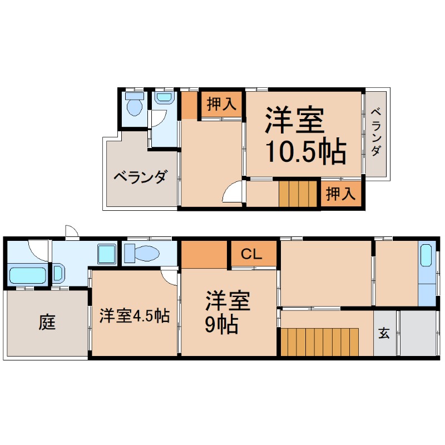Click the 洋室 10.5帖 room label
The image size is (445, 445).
coord(305,136)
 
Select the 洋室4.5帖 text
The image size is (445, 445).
coord(135,315)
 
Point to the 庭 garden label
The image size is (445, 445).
coord(47,323)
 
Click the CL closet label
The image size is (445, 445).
coord(251,254)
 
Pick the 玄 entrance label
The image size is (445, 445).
coord(384,333)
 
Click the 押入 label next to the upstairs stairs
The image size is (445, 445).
coord(340,194)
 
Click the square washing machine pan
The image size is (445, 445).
coord(107,254)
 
